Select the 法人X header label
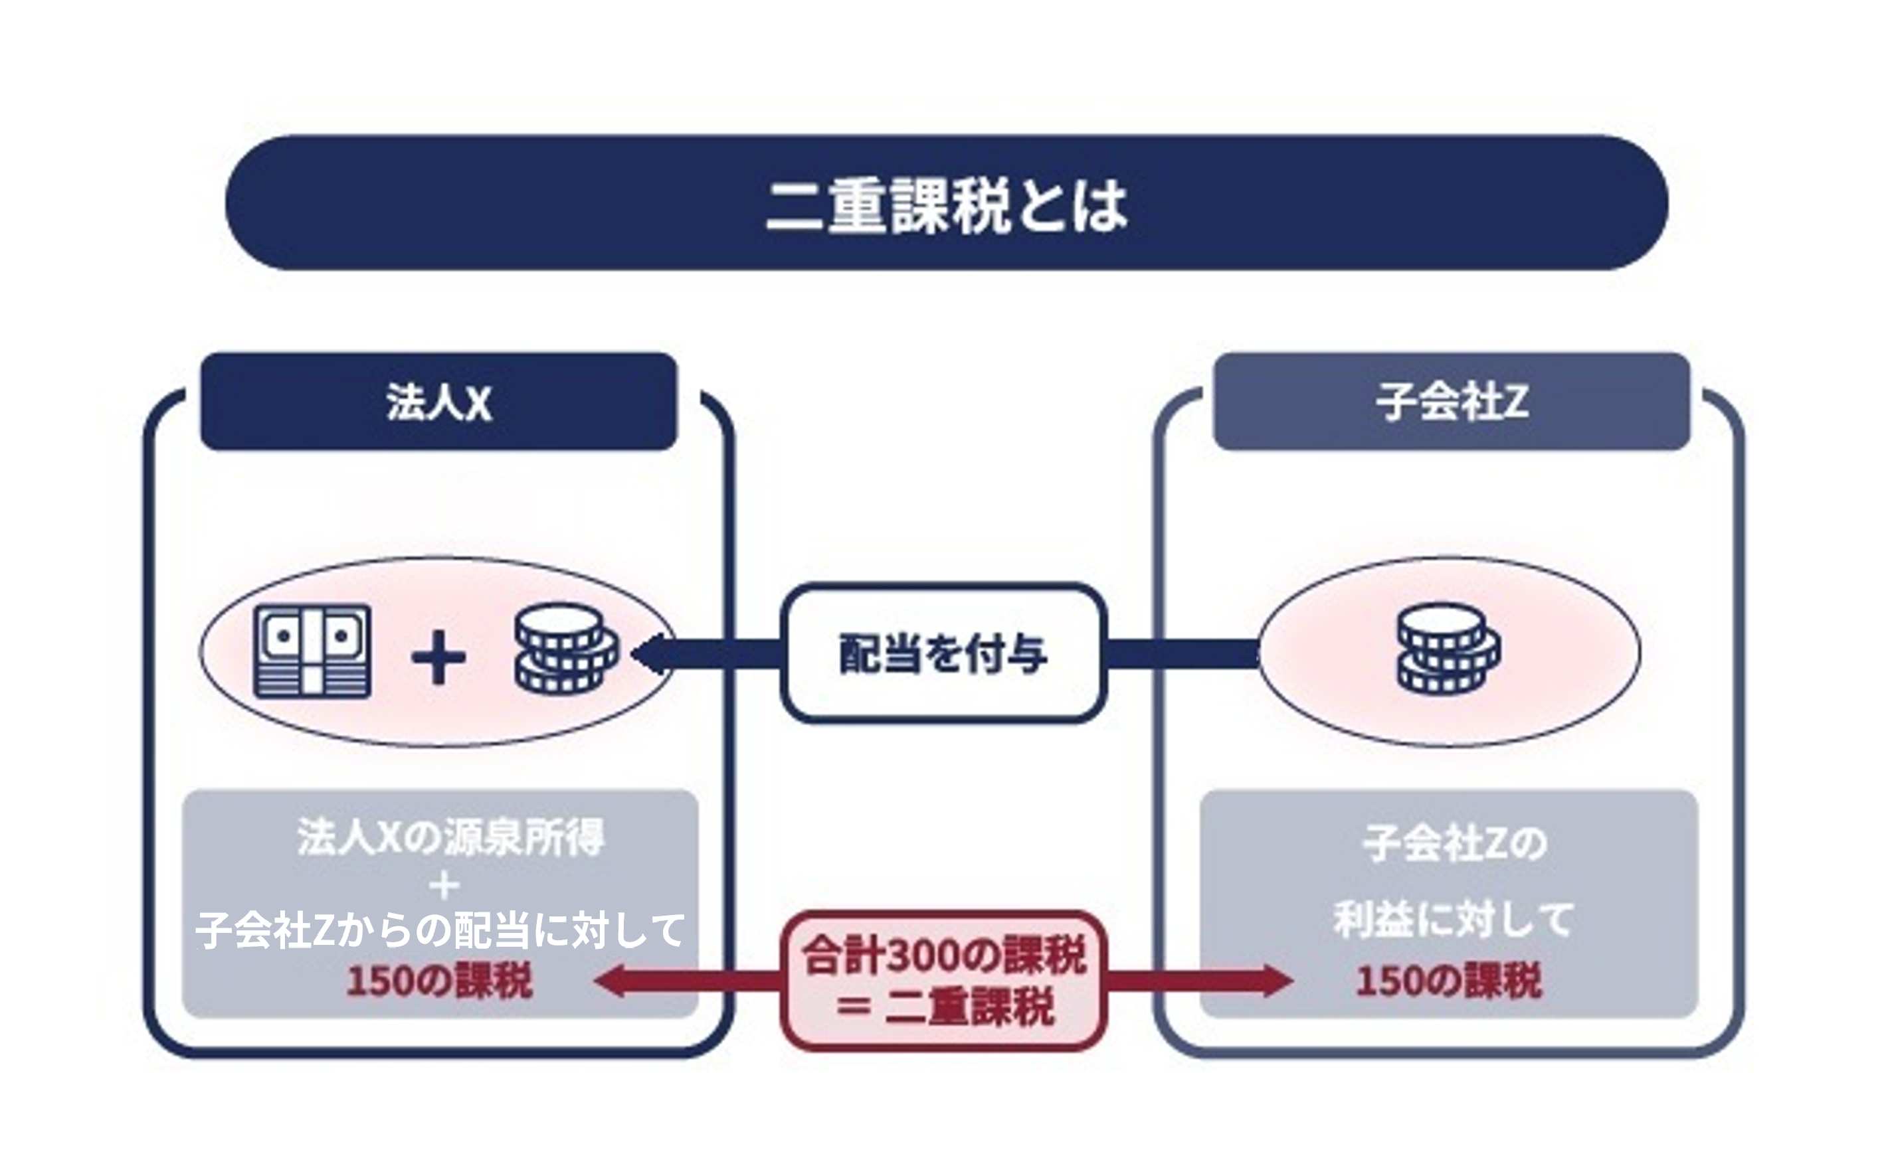click(438, 402)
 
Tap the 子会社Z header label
click(1452, 402)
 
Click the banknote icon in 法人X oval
click(313, 651)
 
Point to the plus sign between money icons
click(438, 657)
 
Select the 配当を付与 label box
click(943, 653)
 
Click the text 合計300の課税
click(944, 955)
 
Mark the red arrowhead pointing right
click(1275, 981)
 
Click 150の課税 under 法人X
click(439, 981)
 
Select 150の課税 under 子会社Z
click(1448, 981)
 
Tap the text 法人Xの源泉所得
click(450, 837)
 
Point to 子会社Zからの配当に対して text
click(440, 930)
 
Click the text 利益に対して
click(1453, 920)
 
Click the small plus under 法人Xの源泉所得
click(444, 886)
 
